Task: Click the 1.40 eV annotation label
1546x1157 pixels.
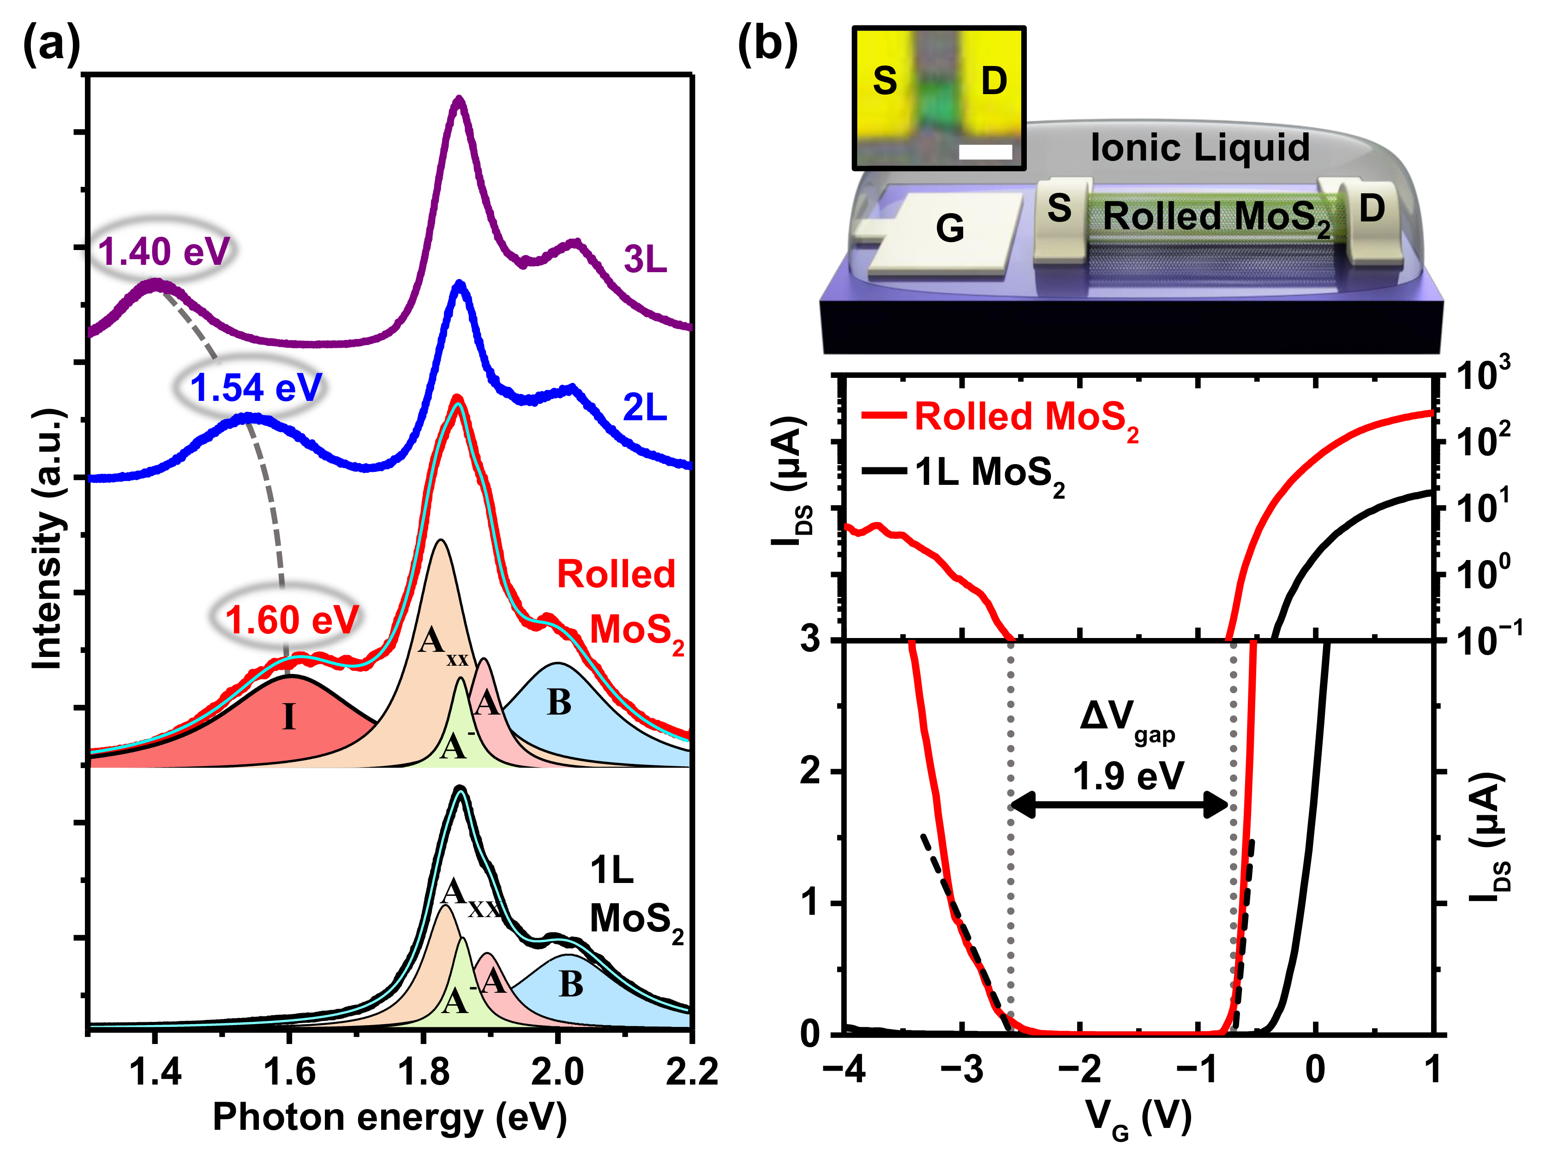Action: [163, 251]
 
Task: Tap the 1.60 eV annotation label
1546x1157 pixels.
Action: [291, 620]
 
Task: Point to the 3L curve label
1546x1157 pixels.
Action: [644, 260]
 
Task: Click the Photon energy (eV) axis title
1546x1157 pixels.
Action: [389, 1116]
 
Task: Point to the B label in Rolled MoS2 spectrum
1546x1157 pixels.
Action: [558, 702]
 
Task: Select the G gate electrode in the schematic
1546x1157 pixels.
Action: [949, 228]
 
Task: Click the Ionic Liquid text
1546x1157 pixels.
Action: [1199, 148]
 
